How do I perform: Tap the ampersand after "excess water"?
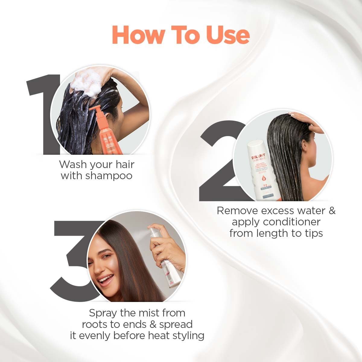332,210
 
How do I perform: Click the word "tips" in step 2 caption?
312,233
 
